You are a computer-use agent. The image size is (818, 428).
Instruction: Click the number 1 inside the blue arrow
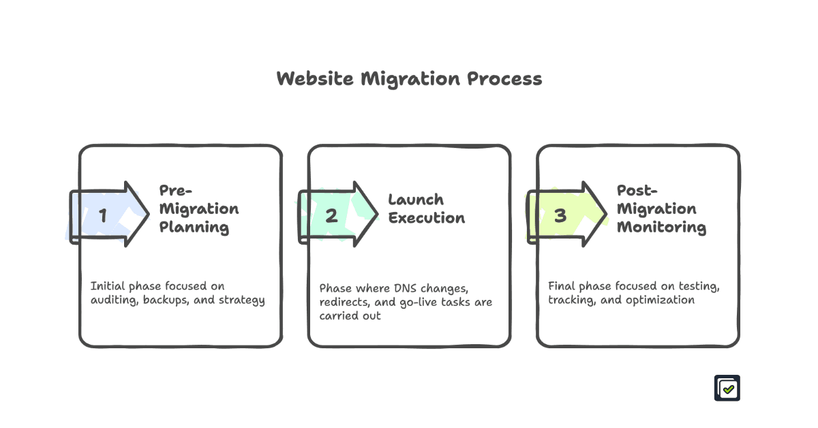coord(103,216)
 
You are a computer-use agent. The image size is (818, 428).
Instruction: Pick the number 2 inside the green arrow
coord(331,216)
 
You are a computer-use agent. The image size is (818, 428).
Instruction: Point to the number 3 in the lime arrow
coord(560,216)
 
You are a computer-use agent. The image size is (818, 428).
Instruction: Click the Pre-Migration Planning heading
coord(199,209)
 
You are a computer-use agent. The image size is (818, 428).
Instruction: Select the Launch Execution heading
coord(427,209)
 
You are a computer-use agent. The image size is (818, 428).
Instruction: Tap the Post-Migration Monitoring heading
coord(661,209)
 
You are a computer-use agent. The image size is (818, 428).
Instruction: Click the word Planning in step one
coord(194,227)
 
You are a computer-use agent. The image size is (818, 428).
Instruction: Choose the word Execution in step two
coord(427,218)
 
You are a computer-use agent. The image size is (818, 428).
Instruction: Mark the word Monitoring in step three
coord(661,227)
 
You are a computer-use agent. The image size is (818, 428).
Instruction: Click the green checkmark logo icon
coord(727,388)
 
